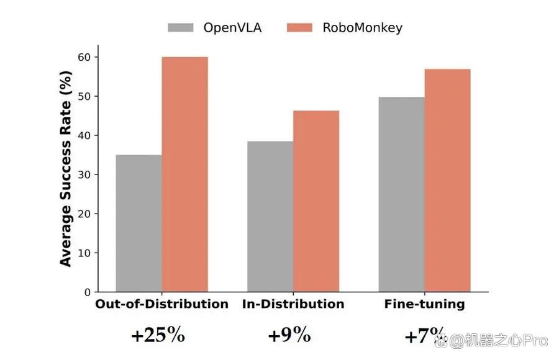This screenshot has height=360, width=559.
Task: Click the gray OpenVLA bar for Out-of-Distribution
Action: pos(139,223)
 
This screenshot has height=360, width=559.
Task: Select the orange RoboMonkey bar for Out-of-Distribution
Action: pos(184,174)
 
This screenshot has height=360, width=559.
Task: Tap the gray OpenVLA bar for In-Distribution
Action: pos(270,217)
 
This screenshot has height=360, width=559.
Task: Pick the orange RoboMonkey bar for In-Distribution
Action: pos(316,201)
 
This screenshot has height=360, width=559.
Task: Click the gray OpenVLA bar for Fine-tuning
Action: pos(401,195)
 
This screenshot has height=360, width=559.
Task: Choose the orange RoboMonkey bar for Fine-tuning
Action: pos(447,181)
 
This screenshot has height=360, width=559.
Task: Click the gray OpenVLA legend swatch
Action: pos(181,28)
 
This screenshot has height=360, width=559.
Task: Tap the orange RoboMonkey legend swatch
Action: pos(299,28)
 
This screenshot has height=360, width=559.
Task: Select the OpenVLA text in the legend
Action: pos(232,28)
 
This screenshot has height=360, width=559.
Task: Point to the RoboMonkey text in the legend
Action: pos(363,28)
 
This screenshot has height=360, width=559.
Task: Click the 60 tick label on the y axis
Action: pos(84,57)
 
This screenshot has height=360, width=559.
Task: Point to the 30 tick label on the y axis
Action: pos(84,174)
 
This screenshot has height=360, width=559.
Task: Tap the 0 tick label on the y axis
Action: pos(88,292)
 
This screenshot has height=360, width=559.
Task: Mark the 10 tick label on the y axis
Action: pos(84,253)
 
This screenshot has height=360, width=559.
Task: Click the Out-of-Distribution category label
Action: pos(162,304)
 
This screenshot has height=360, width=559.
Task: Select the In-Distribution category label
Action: pos(293,304)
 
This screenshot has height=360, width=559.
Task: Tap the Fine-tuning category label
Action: pos(425,304)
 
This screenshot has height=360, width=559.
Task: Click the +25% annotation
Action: pos(158,335)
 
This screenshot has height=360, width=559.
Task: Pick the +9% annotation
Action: pos(289,335)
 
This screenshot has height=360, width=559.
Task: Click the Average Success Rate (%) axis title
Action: pos(66,169)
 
